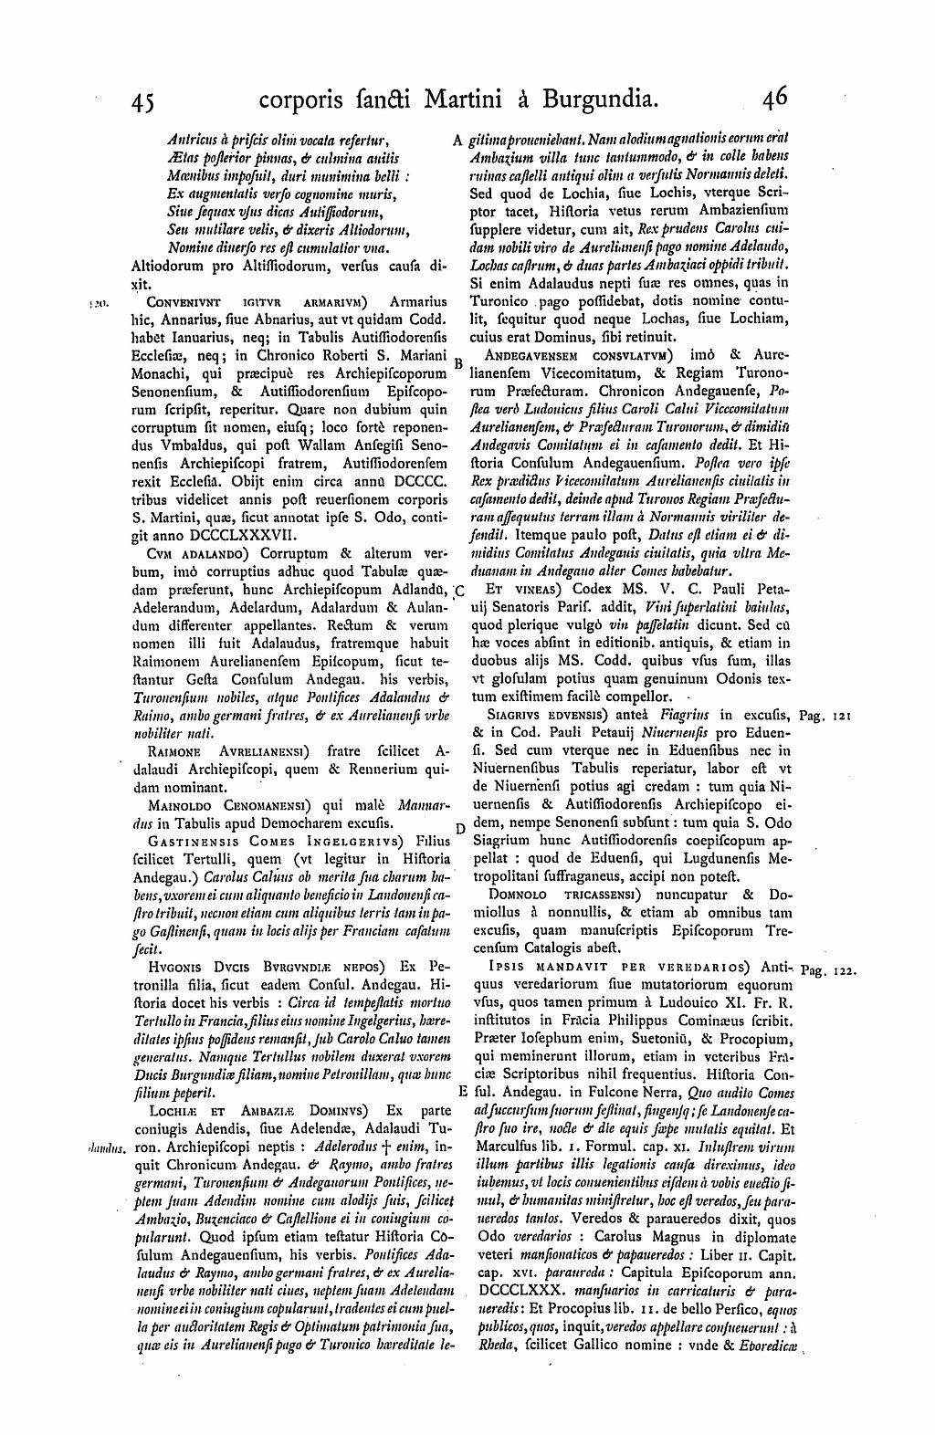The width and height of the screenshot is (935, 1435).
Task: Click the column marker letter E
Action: point(462,1092)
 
